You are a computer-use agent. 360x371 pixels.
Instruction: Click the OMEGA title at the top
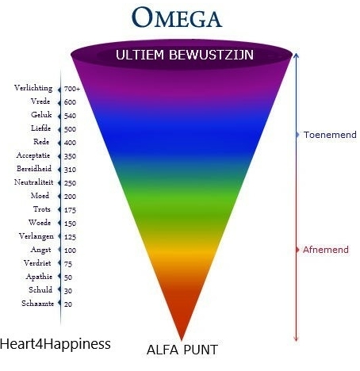click(x=177, y=17)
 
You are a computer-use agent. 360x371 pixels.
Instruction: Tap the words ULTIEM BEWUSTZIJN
click(x=185, y=55)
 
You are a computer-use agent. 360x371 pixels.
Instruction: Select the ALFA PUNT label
click(x=182, y=350)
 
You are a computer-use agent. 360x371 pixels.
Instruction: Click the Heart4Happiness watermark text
click(x=56, y=344)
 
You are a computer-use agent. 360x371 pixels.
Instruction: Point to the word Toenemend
click(x=330, y=135)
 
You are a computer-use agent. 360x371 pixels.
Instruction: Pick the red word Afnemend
click(x=326, y=250)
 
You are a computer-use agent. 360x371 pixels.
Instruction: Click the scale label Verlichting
click(x=33, y=88)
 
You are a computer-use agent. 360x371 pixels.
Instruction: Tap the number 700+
click(x=72, y=89)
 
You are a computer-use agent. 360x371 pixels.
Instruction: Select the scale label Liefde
click(x=40, y=128)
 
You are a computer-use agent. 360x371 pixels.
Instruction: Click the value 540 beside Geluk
click(x=70, y=116)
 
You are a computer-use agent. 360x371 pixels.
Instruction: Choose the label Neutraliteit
click(x=33, y=182)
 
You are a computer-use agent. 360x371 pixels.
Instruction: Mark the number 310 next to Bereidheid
click(x=70, y=170)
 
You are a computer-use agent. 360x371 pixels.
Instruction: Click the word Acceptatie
click(x=33, y=155)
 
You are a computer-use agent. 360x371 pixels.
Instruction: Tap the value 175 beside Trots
click(x=70, y=210)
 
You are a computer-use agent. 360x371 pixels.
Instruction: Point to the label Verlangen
click(x=36, y=236)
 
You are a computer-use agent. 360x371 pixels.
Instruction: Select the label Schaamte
click(x=37, y=304)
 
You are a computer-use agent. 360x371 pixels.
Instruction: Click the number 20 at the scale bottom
click(x=68, y=304)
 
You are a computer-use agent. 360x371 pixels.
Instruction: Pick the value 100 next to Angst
click(x=70, y=251)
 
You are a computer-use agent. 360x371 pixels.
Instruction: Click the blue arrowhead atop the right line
click(x=297, y=55)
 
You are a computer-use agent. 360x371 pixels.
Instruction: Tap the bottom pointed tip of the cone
click(x=182, y=339)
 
